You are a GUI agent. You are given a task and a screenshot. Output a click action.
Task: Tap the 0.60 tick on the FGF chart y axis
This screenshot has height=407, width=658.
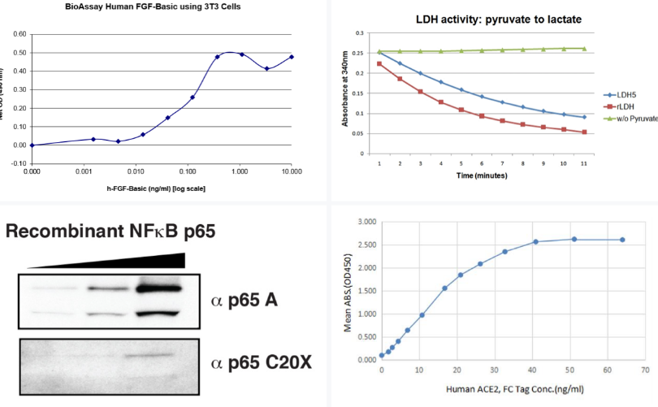[x=19, y=34]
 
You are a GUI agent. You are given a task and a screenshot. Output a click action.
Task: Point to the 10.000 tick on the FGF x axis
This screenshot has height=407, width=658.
[x=292, y=171]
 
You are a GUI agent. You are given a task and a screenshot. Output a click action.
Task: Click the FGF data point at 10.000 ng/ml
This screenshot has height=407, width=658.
[x=292, y=57]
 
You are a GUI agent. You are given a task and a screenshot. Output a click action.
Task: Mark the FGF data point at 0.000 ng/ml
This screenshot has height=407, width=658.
[x=32, y=145]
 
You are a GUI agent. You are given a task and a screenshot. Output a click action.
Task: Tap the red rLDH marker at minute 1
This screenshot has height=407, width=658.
[x=379, y=63]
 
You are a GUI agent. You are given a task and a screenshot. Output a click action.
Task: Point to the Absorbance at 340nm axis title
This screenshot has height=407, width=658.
[x=345, y=94]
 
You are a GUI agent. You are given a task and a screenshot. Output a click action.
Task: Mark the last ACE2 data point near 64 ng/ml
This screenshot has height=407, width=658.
[x=622, y=240]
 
